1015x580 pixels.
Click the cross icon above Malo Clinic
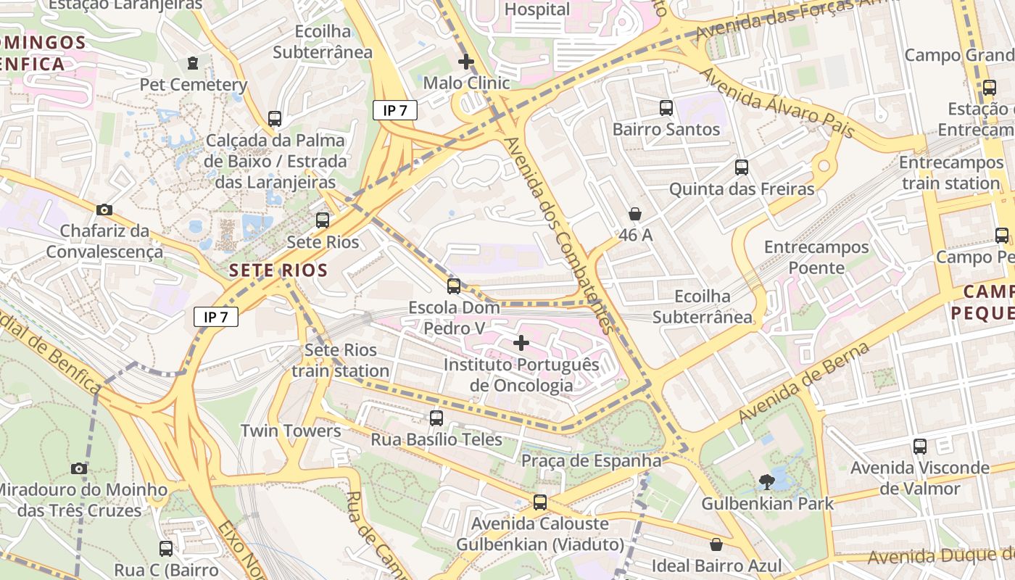pyautogui.click(x=466, y=62)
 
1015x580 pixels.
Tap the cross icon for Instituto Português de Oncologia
pyautogui.click(x=521, y=342)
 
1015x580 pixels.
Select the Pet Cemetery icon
pyautogui.click(x=192, y=64)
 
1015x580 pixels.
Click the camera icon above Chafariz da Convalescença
pyautogui.click(x=104, y=210)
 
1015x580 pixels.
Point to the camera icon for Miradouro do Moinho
pyautogui.click(x=79, y=468)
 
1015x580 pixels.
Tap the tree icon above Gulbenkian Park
pyautogui.click(x=766, y=481)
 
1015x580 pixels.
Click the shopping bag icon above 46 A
pyautogui.click(x=635, y=214)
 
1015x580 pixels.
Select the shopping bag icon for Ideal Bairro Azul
pyautogui.click(x=716, y=544)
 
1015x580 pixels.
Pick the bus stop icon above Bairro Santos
pyautogui.click(x=666, y=108)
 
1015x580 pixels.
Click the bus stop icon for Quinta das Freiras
pyautogui.click(x=742, y=167)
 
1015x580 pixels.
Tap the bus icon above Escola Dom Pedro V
pyautogui.click(x=454, y=286)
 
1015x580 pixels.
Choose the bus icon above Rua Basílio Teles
pyautogui.click(x=436, y=418)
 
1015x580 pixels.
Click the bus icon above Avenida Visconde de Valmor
pyautogui.click(x=920, y=447)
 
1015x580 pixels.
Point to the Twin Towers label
pyautogui.click(x=291, y=431)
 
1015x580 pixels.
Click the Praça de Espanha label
pyautogui.click(x=592, y=461)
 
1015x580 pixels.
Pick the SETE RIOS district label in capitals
pyautogui.click(x=278, y=271)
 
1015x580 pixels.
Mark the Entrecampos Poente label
pyautogui.click(x=816, y=257)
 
